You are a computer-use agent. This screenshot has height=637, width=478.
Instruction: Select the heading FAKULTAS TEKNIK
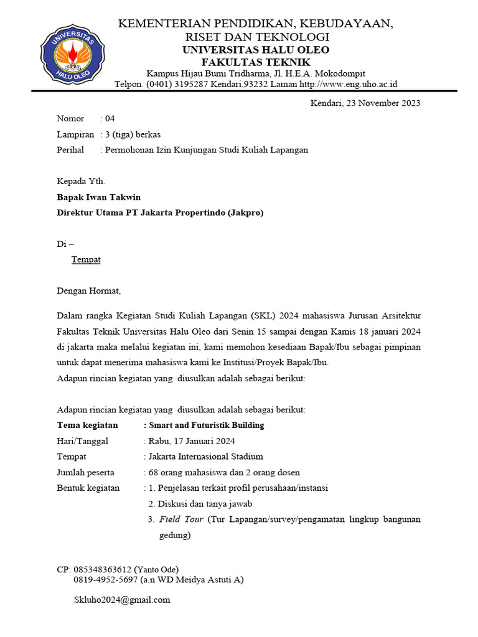pos(256,62)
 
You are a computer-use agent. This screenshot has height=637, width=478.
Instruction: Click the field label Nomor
pos(70,119)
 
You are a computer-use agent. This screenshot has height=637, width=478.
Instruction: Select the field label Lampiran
pos(75,134)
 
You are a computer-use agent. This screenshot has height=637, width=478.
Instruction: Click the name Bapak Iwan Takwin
pos(98,197)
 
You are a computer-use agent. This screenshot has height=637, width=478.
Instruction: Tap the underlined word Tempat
pos(86,259)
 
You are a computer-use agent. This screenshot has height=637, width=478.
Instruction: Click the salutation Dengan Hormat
pos(88,291)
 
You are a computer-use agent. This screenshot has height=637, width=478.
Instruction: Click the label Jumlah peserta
pos(85,473)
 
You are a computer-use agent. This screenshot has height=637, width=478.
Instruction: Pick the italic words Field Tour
pos(180,519)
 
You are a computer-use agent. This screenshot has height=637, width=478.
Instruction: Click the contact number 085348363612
pos(103,569)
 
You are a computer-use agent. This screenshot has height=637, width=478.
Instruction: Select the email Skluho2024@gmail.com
pos(122,600)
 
